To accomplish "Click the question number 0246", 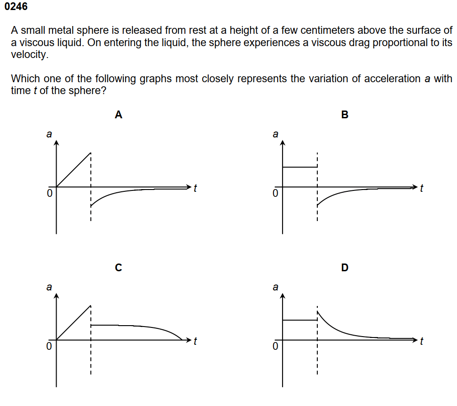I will pos(15,6).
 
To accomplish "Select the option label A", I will pos(118,115).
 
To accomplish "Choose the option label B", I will pos(345,115).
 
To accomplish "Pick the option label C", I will pos(118,268).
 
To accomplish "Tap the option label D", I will pos(345,268).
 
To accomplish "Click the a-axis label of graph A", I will pos(49,134).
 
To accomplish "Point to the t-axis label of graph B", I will pos(422,188).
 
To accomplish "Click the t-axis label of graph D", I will pos(422,341).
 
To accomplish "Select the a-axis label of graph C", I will pos(49,287).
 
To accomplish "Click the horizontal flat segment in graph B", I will pos(299,167).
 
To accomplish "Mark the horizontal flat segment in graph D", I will pos(299,320).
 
